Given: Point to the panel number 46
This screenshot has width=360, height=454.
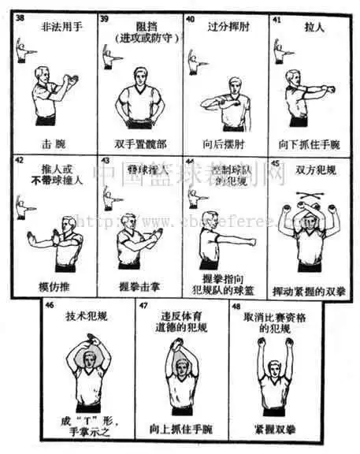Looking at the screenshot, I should [x=50, y=304].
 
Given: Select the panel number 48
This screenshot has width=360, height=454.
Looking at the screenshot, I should [x=236, y=305].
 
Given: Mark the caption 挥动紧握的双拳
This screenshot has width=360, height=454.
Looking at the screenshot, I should [x=310, y=289].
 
